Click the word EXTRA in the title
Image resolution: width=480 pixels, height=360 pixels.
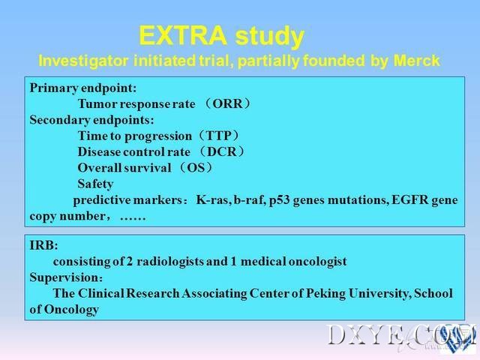click(183, 36)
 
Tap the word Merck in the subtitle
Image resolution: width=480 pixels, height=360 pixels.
click(417, 61)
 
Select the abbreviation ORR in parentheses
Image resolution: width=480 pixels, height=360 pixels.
click(227, 103)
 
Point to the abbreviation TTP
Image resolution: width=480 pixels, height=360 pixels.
click(219, 136)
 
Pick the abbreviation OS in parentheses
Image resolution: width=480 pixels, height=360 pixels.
click(196, 168)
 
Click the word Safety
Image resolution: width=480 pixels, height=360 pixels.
click(95, 184)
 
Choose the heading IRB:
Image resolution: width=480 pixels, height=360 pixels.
click(43, 245)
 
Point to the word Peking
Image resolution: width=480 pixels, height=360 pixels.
click(325, 293)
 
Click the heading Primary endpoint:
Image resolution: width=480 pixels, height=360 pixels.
click(83, 88)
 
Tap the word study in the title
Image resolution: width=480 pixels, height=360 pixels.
click(270, 37)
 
